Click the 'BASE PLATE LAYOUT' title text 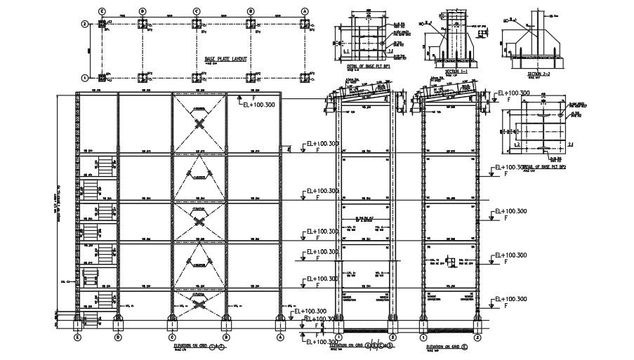point(225,59)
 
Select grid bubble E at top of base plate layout point(103,11)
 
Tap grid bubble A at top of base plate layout point(305,11)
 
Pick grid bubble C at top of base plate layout point(197,11)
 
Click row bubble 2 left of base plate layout point(84,24)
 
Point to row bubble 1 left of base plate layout point(84,78)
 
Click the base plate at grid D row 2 point(143,25)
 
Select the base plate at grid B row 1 point(251,77)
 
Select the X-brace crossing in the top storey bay point(200,124)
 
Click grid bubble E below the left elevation point(78,336)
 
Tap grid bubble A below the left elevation point(280,336)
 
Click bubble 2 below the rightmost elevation point(477,336)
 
